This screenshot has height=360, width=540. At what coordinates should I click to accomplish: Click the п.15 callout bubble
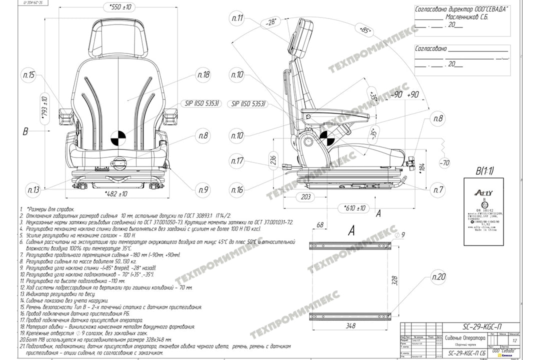coord(28,75)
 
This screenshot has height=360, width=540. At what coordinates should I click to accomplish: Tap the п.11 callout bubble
coord(237,19)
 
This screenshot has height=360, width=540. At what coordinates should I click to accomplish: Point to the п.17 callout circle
coord(237,161)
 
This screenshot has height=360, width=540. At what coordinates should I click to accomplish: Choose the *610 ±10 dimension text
coord(353,208)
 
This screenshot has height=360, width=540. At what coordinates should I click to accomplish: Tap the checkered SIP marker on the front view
coord(118,137)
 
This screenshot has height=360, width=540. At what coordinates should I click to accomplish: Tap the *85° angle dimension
coord(366,31)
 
